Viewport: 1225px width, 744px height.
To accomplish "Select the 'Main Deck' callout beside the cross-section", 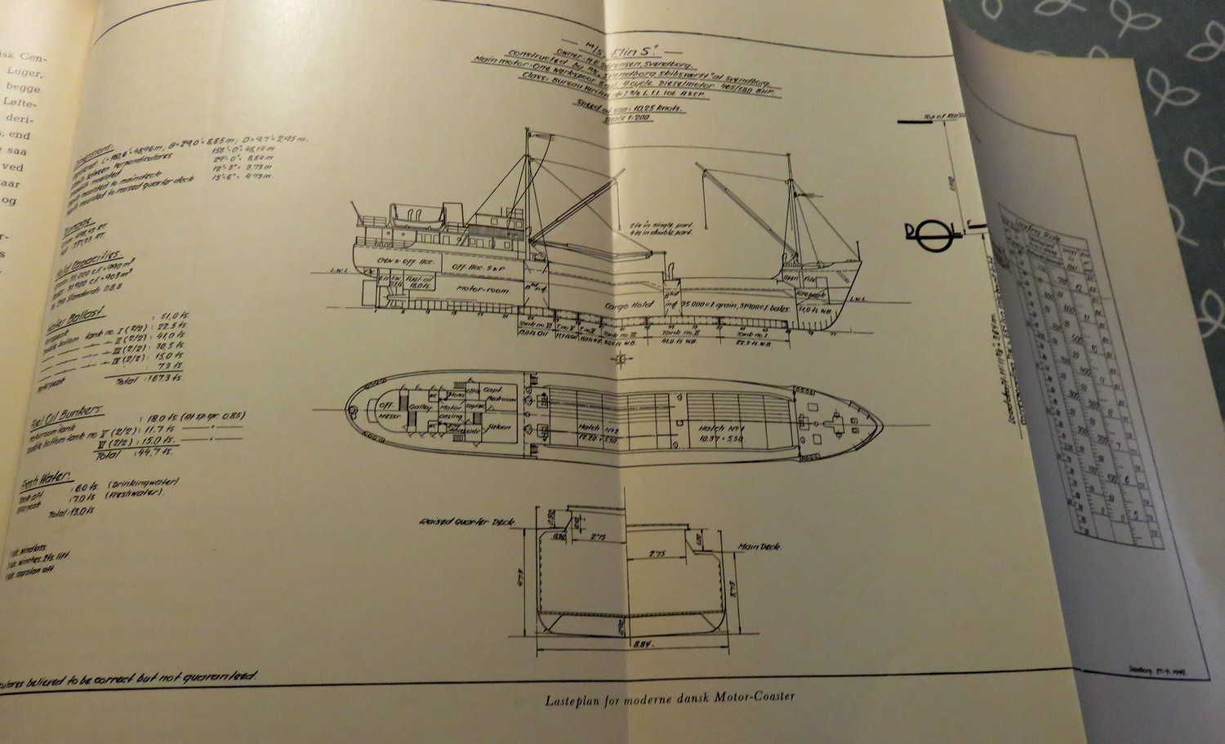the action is [x=758, y=548].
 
